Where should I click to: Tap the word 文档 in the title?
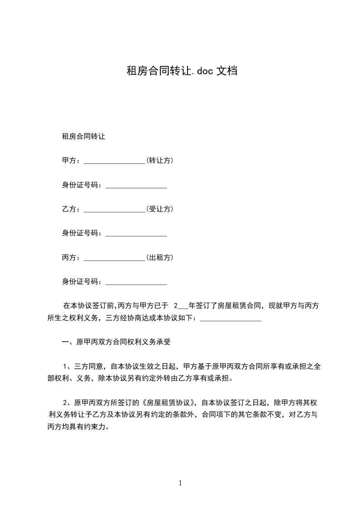click(x=229, y=71)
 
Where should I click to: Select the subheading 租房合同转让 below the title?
click(x=83, y=136)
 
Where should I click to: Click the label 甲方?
click(x=69, y=161)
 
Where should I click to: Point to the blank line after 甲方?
click(x=114, y=162)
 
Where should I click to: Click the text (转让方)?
click(x=159, y=161)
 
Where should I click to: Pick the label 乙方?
click(x=69, y=209)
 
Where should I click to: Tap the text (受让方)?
click(x=159, y=209)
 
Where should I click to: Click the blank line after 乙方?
click(x=114, y=211)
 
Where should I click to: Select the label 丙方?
click(x=69, y=258)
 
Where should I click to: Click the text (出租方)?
click(x=159, y=258)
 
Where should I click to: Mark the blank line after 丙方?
click(x=114, y=259)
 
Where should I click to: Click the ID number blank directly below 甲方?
click(x=136, y=187)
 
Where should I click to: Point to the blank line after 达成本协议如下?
click(x=230, y=320)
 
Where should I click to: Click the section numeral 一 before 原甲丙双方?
click(x=65, y=342)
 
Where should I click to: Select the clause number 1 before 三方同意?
click(x=66, y=366)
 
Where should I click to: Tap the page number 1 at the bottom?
click(x=180, y=483)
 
